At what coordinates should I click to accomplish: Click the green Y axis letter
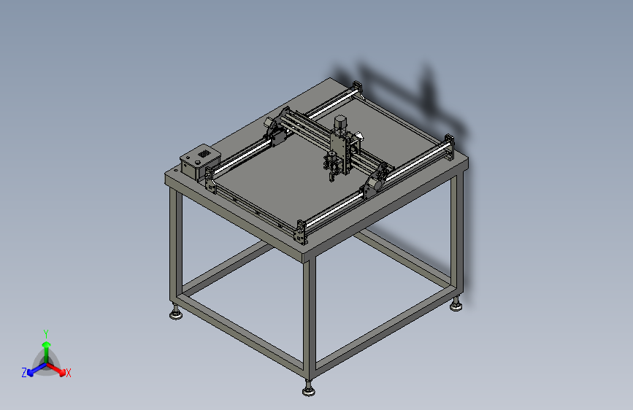coord(45,333)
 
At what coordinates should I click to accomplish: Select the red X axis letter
coord(68,374)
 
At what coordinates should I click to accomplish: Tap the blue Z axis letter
coord(24,372)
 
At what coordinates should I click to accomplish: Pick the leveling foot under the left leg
coord(176,314)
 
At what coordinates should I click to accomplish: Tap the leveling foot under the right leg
coord(456,305)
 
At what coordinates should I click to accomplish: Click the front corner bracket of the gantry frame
coord(299,231)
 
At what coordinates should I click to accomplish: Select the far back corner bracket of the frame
coord(356,88)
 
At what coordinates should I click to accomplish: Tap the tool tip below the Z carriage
coord(331,175)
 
